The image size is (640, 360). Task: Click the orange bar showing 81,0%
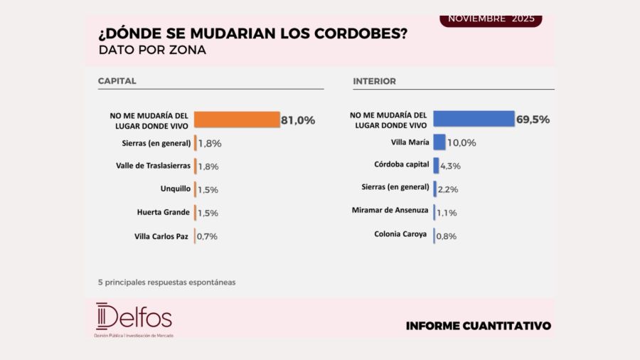(x=236, y=120)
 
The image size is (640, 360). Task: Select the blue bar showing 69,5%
(x=473, y=119)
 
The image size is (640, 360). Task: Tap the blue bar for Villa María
(x=439, y=142)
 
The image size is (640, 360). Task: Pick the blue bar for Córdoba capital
(x=436, y=165)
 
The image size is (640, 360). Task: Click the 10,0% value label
(x=462, y=143)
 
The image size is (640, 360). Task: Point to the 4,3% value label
(x=451, y=166)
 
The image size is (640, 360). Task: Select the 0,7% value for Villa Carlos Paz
(x=208, y=236)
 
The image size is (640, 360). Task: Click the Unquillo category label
(x=175, y=189)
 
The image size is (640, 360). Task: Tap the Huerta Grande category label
(x=163, y=212)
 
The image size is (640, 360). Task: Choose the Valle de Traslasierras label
(x=153, y=166)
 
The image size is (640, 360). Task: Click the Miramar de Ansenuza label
(x=390, y=211)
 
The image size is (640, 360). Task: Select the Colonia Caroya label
(x=401, y=234)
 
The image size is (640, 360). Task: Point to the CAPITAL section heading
(x=117, y=81)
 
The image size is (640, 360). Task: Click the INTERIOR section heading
(x=374, y=81)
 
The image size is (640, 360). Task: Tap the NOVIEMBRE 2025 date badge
(x=491, y=19)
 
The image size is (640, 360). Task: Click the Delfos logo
(x=134, y=318)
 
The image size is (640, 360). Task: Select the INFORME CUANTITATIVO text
(x=478, y=326)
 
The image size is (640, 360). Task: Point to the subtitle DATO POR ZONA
(x=152, y=51)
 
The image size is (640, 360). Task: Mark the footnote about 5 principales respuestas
(x=166, y=282)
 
